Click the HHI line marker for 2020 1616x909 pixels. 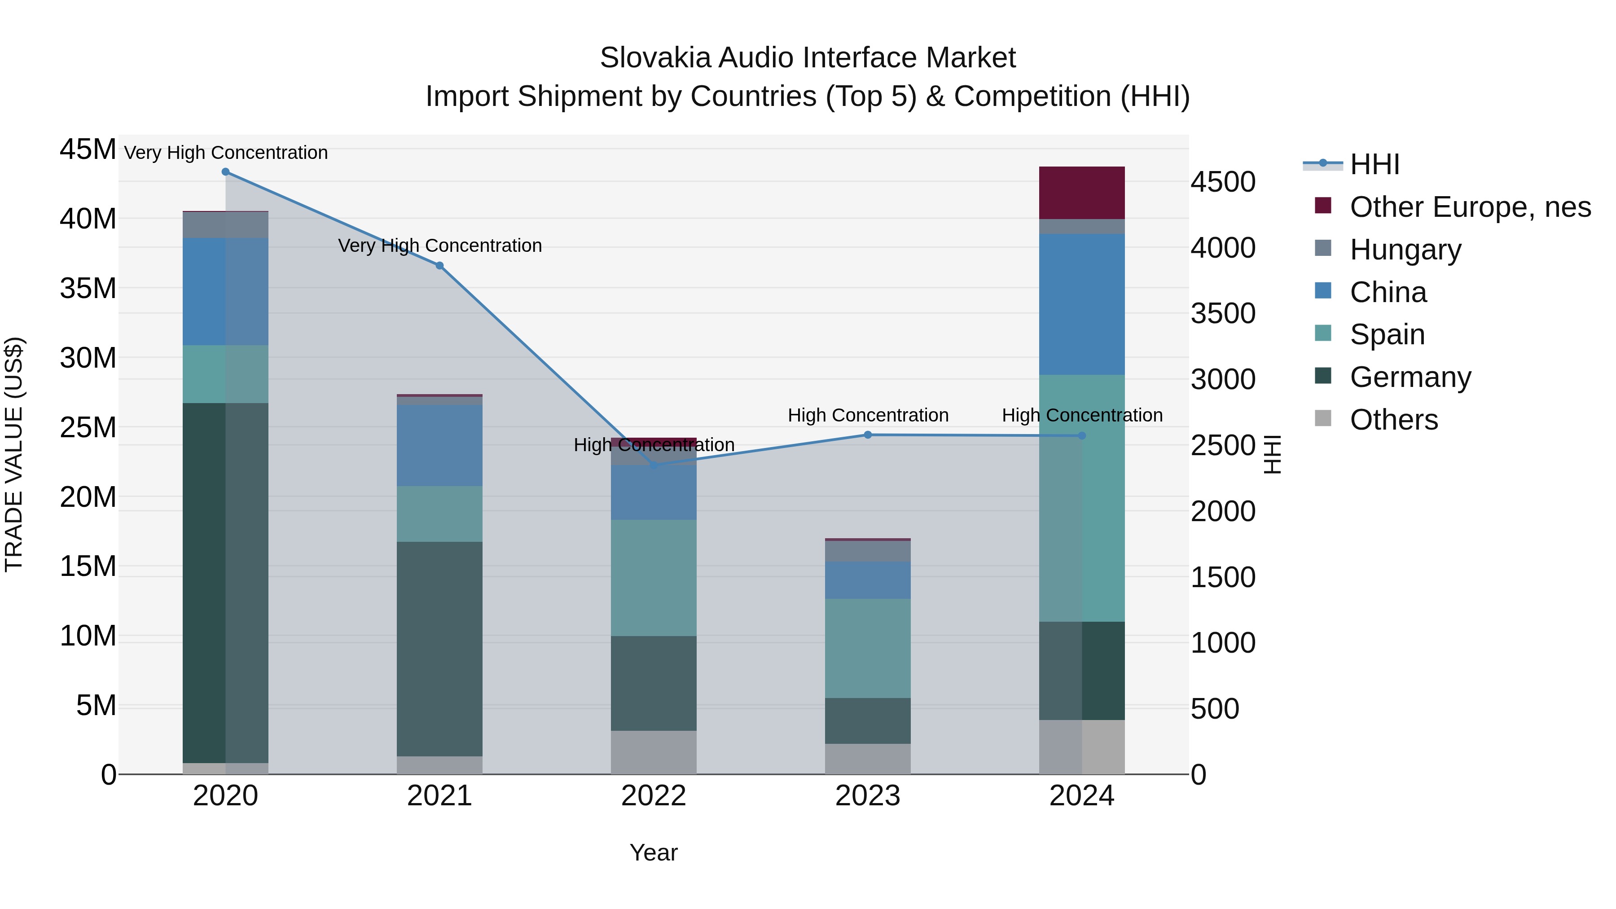pyautogui.click(x=225, y=172)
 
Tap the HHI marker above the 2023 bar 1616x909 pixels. pyautogui.click(x=868, y=435)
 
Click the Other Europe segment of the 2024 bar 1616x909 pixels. pyautogui.click(x=1081, y=193)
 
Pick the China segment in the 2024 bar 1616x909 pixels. pyautogui.click(x=1081, y=304)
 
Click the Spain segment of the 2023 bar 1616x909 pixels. pyautogui.click(x=868, y=648)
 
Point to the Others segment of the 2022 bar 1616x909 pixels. pyautogui.click(x=654, y=752)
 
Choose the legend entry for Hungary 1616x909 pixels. pyautogui.click(x=1405, y=250)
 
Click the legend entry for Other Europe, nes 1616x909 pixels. pyautogui.click(x=1470, y=207)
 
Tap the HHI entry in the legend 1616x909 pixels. pyautogui.click(x=1374, y=164)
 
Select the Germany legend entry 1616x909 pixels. pyautogui.click(x=1410, y=377)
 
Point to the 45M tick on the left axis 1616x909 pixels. pyautogui.click(x=88, y=150)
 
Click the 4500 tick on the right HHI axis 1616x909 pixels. pyautogui.click(x=1223, y=183)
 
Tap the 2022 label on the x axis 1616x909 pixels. pyautogui.click(x=654, y=796)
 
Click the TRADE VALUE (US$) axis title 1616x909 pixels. pyautogui.click(x=14, y=454)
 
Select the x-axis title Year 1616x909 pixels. pyautogui.click(x=654, y=852)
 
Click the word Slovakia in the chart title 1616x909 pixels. pyautogui.click(x=655, y=58)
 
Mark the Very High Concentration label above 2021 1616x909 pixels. pyautogui.click(x=440, y=245)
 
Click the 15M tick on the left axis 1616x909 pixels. pyautogui.click(x=88, y=566)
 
